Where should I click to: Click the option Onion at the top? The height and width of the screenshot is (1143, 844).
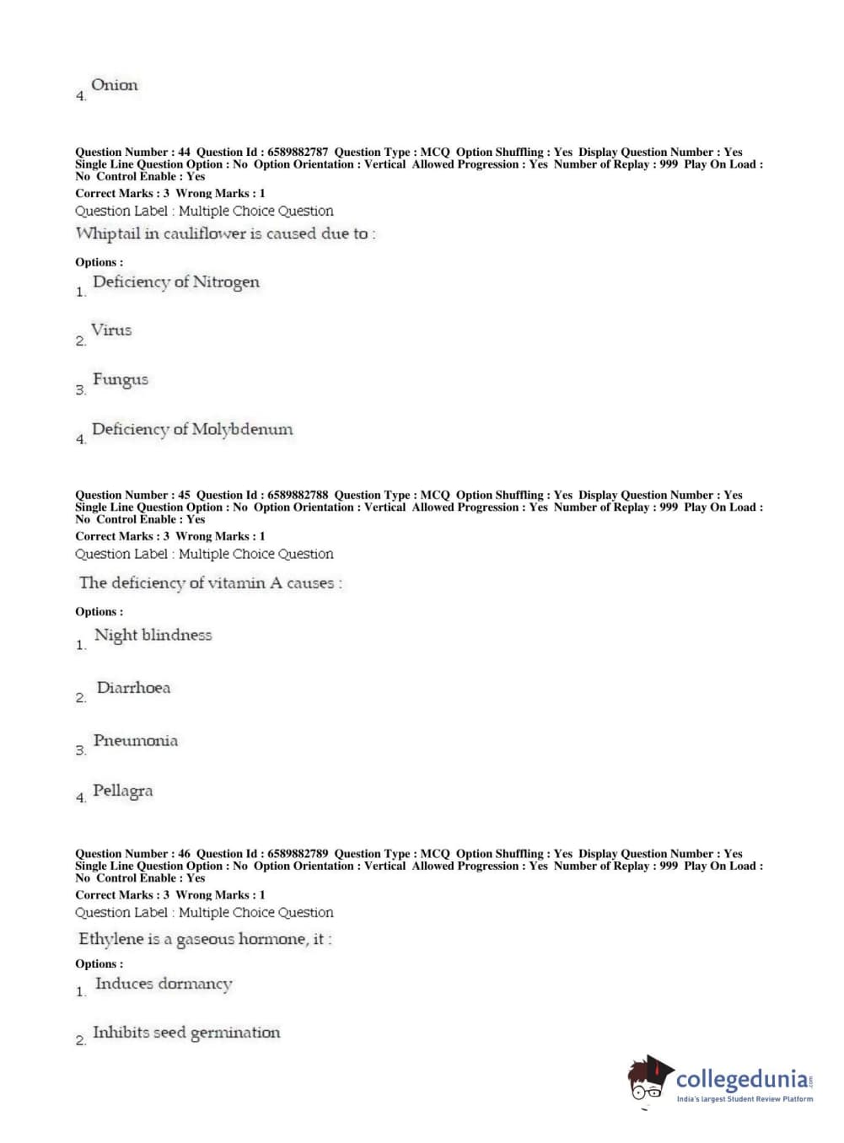(x=114, y=85)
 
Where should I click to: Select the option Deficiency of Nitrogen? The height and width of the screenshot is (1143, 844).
(x=175, y=282)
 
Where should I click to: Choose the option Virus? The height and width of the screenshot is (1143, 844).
(x=111, y=330)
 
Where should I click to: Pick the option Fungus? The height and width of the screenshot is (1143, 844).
(x=120, y=379)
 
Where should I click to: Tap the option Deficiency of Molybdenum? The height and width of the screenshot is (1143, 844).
(x=192, y=429)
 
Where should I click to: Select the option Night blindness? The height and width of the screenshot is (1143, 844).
(x=153, y=635)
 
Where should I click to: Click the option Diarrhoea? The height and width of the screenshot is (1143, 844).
(x=133, y=688)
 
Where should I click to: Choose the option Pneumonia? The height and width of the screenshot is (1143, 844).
(x=135, y=741)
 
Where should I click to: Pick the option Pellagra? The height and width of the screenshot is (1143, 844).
(x=122, y=791)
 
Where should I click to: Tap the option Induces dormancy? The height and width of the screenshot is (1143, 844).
(x=164, y=984)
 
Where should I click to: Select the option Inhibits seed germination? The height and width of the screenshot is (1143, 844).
(x=185, y=1033)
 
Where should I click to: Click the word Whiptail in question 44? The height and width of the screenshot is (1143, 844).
(x=107, y=233)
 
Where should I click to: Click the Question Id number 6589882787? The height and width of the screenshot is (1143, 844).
(x=298, y=153)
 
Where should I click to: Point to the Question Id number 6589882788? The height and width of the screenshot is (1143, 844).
(x=298, y=495)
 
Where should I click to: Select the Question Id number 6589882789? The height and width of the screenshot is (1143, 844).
(x=298, y=853)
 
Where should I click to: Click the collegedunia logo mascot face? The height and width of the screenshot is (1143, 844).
(x=648, y=1082)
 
